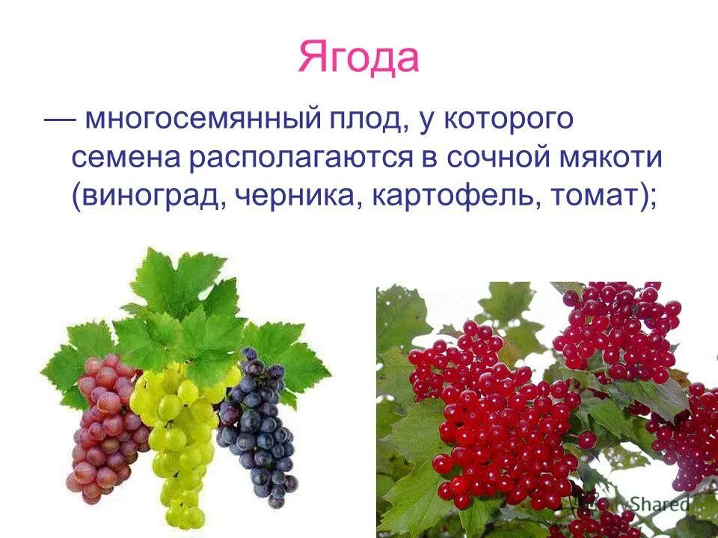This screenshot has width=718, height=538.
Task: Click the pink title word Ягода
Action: coord(358,58)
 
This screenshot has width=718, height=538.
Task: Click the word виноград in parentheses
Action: coord(149,196)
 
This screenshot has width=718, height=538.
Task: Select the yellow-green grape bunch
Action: coord(177,441)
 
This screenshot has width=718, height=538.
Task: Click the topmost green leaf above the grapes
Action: coord(176,276)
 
